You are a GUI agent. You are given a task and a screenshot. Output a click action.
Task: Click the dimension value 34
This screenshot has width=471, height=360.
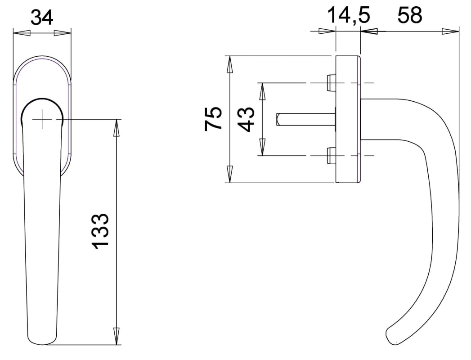(x=42, y=18)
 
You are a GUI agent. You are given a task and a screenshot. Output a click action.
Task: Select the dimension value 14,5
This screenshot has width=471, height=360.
(x=348, y=16)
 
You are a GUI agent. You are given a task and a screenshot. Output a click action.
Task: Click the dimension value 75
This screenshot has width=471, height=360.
(x=213, y=118)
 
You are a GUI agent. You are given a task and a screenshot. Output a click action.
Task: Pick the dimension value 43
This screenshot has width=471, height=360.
(x=247, y=119)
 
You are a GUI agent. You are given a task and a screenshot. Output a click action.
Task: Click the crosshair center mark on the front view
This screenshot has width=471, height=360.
(x=42, y=119)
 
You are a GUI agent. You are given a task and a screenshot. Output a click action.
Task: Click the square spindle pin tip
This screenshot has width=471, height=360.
(x=278, y=119)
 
